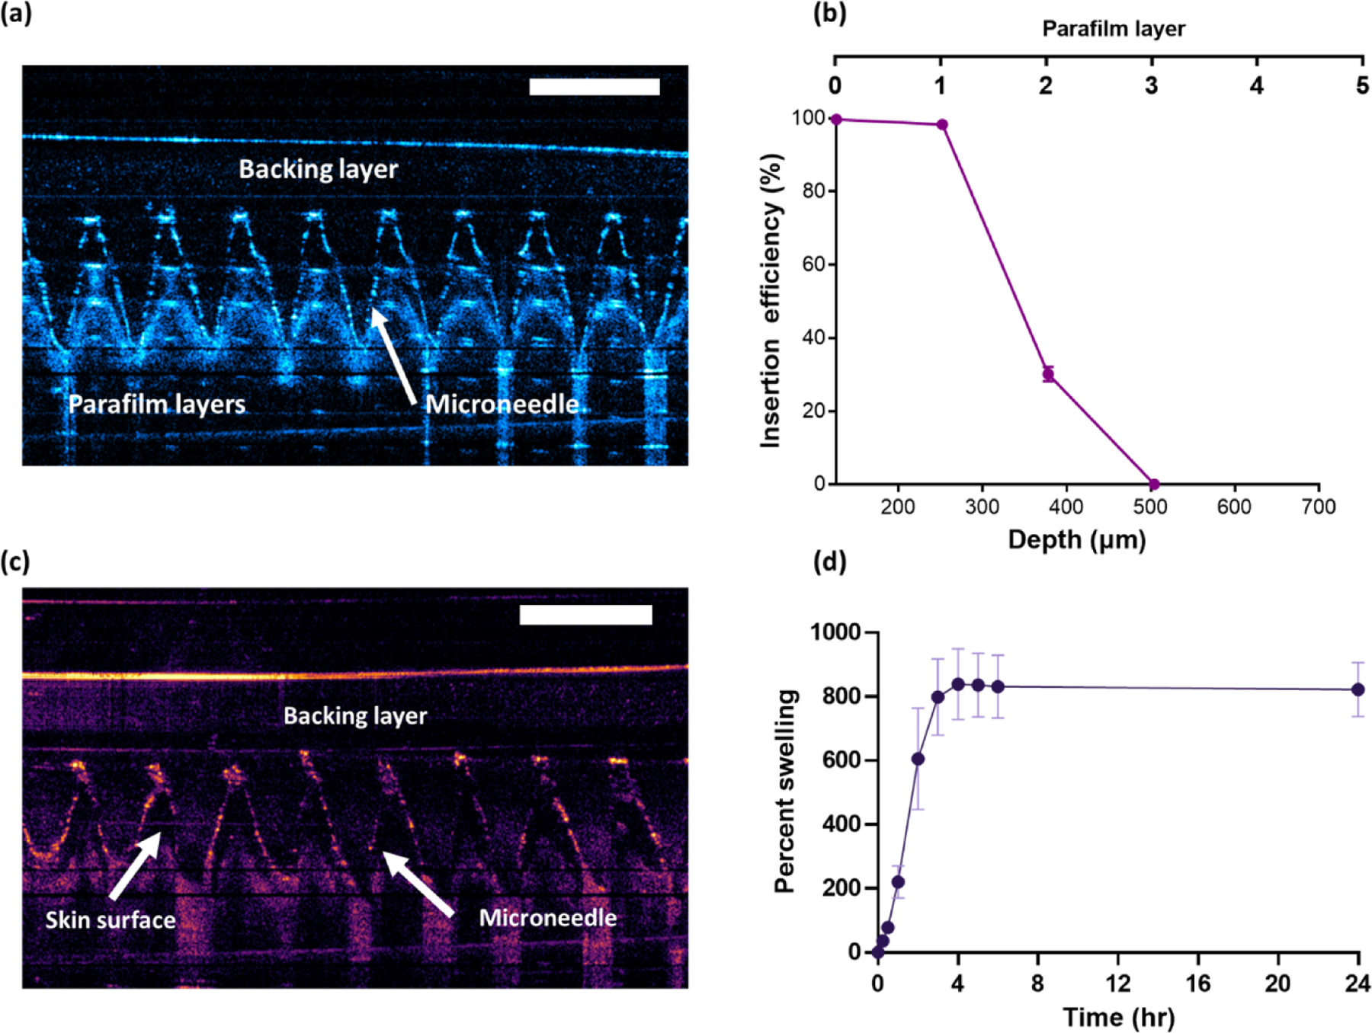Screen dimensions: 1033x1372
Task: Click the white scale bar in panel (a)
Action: [594, 86]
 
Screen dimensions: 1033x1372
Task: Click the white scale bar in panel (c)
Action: [585, 614]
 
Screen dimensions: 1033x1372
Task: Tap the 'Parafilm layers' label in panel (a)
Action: [157, 404]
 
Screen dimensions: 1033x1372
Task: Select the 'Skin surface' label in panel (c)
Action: [111, 919]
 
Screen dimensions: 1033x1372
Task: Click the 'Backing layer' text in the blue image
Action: [318, 168]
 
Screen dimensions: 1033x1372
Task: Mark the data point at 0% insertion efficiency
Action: [1153, 485]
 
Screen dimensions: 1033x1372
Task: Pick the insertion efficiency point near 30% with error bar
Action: [1049, 373]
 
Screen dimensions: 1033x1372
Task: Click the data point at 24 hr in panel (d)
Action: [1358, 689]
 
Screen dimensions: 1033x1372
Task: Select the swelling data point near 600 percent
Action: [918, 759]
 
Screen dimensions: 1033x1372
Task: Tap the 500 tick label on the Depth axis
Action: [1150, 507]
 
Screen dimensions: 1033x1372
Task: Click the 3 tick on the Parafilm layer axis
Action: [1151, 85]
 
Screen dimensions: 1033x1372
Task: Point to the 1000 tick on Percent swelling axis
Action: [835, 632]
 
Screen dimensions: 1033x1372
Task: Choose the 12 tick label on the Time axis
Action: [1118, 983]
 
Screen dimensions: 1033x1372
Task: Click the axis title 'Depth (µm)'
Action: [1076, 539]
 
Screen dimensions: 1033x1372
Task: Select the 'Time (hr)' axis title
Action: [1118, 1017]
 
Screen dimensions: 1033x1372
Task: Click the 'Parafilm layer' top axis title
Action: [1113, 29]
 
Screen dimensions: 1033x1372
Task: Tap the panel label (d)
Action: [829, 562]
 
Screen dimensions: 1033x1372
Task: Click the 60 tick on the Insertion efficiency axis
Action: [814, 264]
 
